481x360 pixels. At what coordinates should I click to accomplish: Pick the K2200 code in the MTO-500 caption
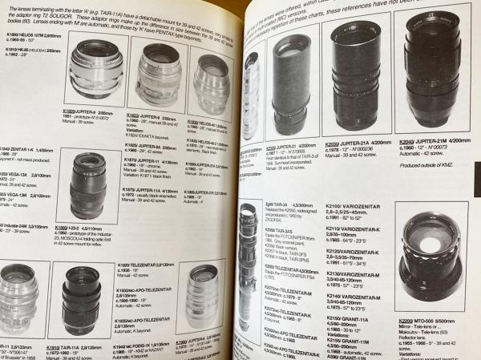pos(406,323)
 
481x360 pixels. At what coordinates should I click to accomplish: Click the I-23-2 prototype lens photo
pos(87,186)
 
